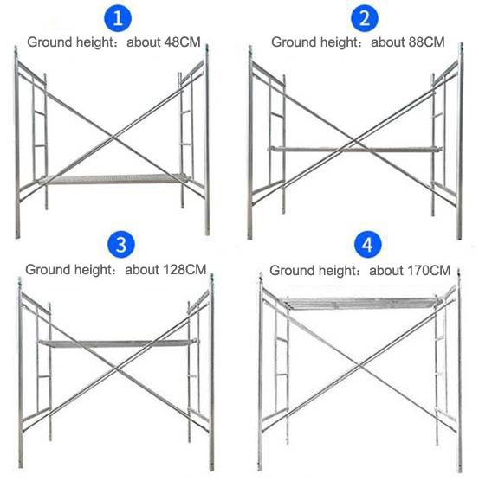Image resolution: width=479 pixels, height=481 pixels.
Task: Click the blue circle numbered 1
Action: [118, 18]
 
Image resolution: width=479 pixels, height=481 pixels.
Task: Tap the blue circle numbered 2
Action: [364, 18]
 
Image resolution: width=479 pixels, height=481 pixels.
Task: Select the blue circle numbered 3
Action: [121, 245]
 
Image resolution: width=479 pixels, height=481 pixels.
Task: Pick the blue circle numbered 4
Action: [367, 245]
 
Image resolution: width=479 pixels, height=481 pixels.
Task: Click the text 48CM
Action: [182, 42]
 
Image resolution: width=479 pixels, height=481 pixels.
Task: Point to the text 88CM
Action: [426, 42]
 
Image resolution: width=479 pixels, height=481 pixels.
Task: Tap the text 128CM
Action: [184, 270]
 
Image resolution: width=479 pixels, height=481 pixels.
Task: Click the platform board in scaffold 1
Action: [113, 179]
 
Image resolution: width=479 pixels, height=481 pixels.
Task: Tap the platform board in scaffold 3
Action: [118, 343]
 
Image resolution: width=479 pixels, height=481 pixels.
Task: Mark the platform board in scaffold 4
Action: [361, 303]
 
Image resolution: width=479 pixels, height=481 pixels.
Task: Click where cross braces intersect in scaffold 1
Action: [113, 138]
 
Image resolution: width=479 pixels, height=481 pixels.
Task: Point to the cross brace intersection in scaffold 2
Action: [355, 142]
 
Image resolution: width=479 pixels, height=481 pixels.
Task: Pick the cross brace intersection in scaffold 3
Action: [116, 369]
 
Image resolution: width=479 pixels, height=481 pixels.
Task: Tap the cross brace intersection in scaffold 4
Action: [359, 365]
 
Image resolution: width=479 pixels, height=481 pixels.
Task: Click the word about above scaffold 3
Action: [142, 270]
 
